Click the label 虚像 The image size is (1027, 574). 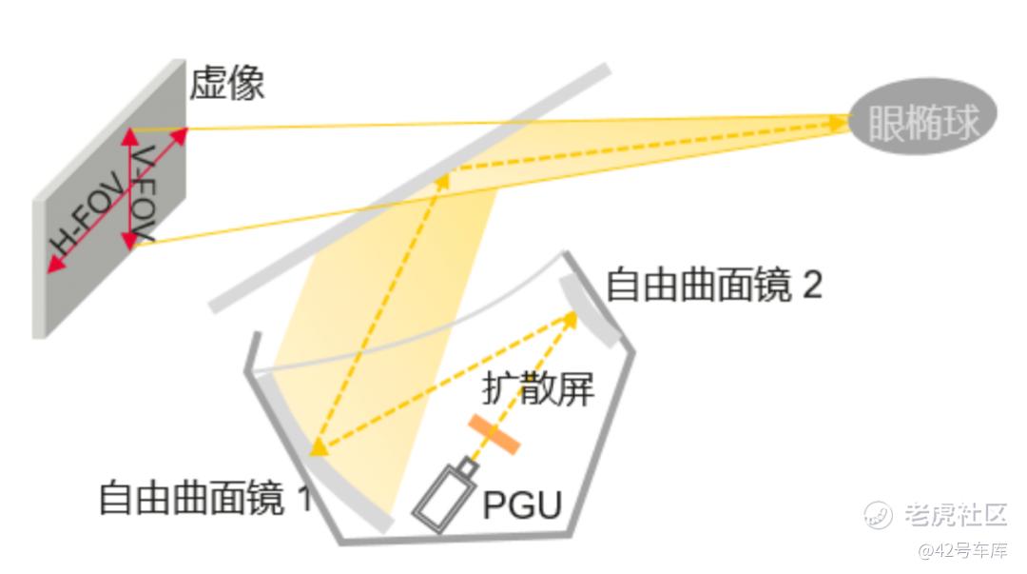pos(226,84)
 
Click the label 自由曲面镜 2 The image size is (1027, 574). pos(713,285)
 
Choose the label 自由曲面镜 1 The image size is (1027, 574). pos(205,497)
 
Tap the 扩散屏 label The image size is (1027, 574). pos(537,386)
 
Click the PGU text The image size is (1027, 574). pos(522,504)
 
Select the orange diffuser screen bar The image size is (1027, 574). pos(494,433)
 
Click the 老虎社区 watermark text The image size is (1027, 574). pos(955,515)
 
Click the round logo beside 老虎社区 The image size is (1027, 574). pos(878,515)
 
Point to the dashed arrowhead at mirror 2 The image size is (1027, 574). pos(571,319)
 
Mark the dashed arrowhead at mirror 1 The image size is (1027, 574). pos(319,445)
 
